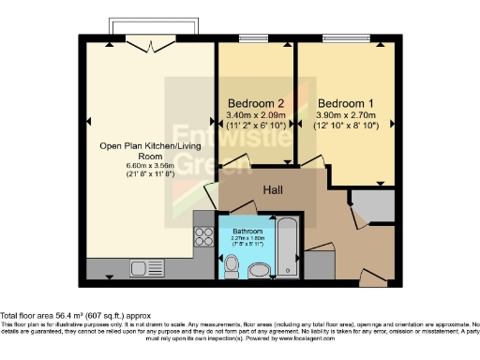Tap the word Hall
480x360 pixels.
click(274, 190)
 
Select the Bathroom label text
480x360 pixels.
click(248, 230)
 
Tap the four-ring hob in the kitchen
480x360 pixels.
click(202, 235)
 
